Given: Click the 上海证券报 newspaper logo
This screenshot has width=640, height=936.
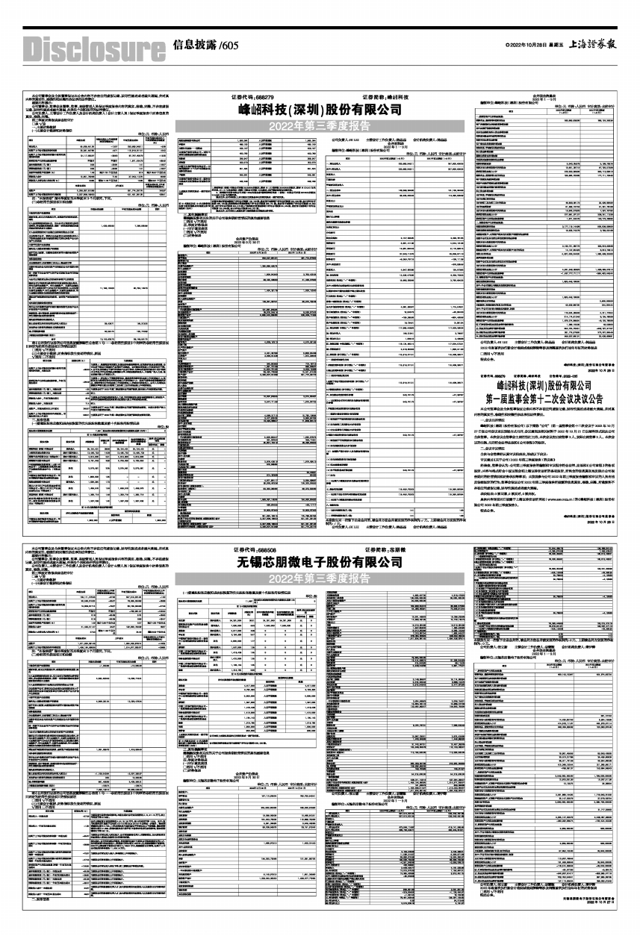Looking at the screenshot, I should point(593,46).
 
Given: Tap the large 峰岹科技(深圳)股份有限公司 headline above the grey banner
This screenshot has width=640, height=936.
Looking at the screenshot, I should point(319,110).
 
